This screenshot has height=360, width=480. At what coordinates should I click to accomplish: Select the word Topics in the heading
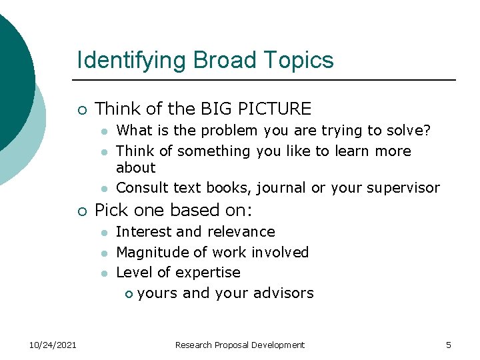(298, 61)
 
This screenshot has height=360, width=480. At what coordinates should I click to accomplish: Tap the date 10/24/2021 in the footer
(53, 345)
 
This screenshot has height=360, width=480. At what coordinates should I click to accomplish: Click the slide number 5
(449, 345)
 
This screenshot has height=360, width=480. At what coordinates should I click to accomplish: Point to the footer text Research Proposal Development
(239, 345)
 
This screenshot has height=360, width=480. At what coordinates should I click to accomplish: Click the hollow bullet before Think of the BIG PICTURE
(81, 109)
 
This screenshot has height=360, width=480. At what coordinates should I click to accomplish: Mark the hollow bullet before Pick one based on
(81, 211)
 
